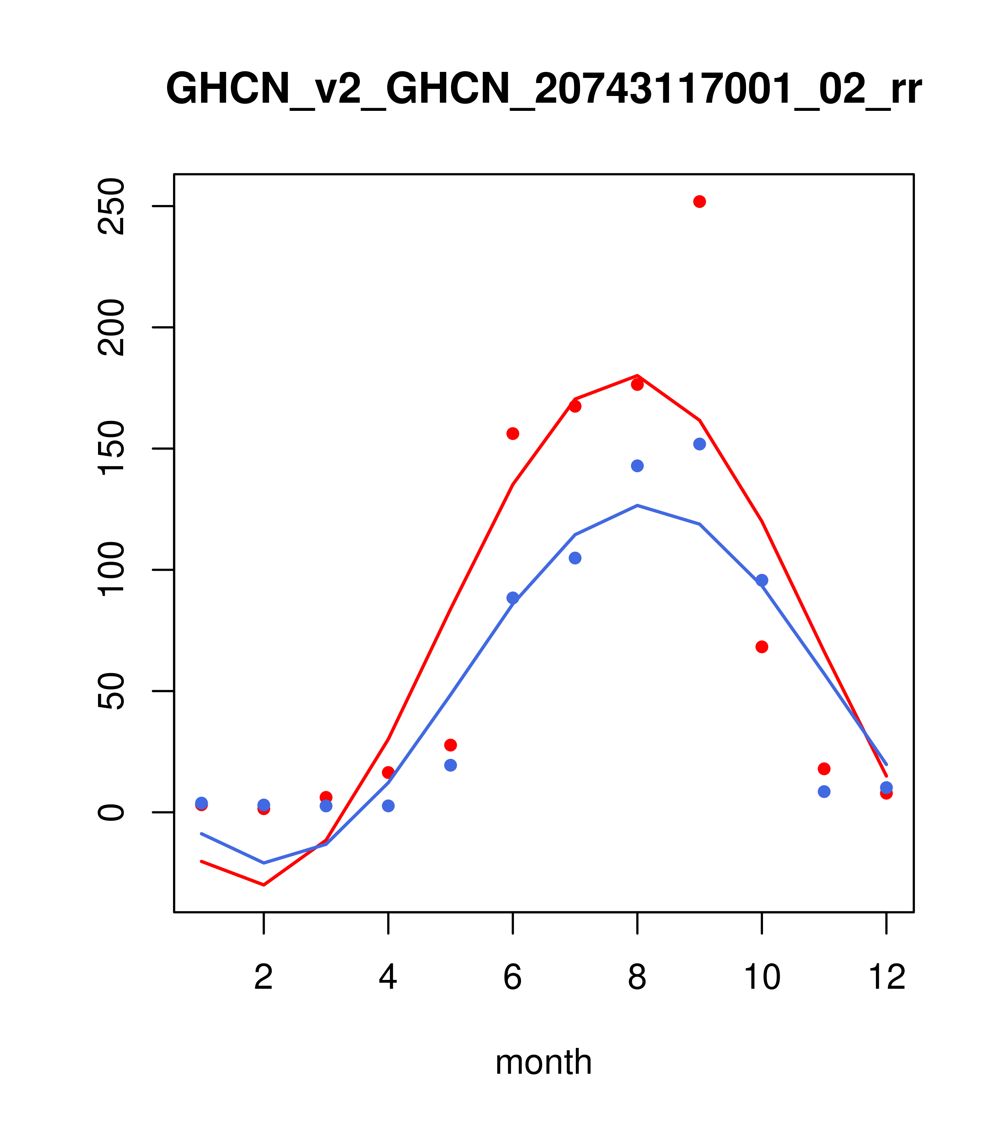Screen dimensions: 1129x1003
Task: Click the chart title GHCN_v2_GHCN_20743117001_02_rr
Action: (543, 90)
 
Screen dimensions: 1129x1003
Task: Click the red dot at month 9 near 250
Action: (699, 202)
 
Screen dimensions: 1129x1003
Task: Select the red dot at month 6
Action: (513, 433)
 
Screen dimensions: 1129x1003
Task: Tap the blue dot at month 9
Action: (699, 444)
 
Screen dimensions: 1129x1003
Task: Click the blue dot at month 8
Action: (637, 466)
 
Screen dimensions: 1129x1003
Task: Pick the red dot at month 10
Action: (762, 647)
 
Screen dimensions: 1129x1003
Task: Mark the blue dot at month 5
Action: (451, 765)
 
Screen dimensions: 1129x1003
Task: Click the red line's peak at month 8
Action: (637, 376)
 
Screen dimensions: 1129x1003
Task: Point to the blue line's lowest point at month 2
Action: (264, 862)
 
